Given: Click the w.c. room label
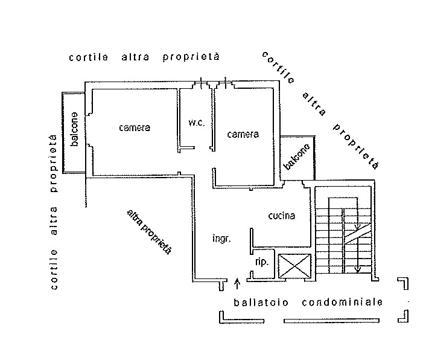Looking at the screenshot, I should [x=197, y=123].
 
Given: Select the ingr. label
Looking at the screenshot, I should [x=221, y=239].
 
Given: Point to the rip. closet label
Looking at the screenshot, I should [x=262, y=262].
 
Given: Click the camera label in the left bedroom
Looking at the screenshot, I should [x=134, y=127].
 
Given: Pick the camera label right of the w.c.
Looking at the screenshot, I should [x=243, y=134].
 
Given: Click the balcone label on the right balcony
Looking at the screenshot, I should [x=297, y=156].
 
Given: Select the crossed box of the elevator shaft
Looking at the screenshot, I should [x=294, y=266].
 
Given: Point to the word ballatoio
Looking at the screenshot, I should [x=261, y=301].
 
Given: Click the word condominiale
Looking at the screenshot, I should [x=342, y=301].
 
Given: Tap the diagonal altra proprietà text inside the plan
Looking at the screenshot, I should [x=150, y=231].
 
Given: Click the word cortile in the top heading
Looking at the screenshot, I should [x=89, y=57].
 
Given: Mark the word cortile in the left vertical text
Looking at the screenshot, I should [x=54, y=271].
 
